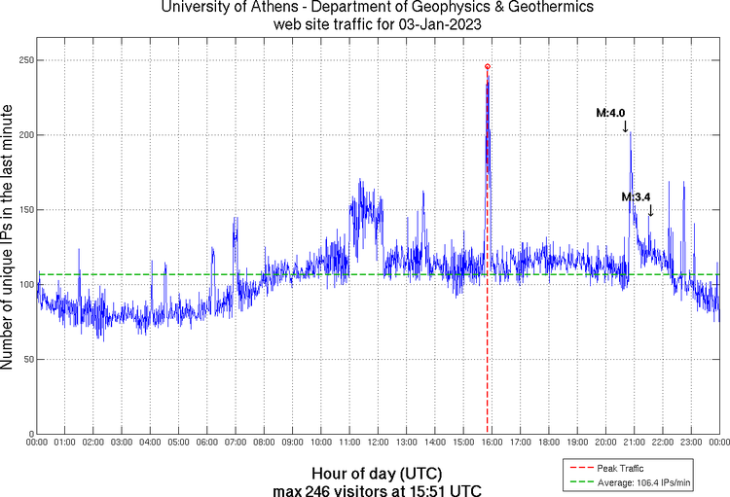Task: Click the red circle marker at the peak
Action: (487, 66)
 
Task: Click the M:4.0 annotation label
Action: (610, 113)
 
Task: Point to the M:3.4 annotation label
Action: (636, 197)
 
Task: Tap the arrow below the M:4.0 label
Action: (626, 125)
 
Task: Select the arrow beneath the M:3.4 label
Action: (650, 210)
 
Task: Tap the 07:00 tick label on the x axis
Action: (236, 444)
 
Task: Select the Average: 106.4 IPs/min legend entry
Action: (644, 482)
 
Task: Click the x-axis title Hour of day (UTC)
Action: (377, 471)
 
